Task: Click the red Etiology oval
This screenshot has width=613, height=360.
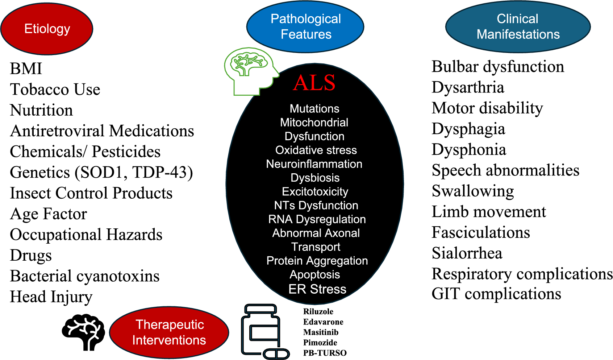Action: tap(47, 29)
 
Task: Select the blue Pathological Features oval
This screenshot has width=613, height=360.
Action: tap(305, 26)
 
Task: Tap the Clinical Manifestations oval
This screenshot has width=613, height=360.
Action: tap(518, 26)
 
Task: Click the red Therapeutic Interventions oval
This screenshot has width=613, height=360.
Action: tap(169, 332)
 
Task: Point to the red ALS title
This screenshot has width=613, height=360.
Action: tap(314, 83)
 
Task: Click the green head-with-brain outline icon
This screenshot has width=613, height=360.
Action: tap(250, 70)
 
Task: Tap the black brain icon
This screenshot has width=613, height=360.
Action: tap(84, 332)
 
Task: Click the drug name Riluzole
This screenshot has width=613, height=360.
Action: tap(318, 311)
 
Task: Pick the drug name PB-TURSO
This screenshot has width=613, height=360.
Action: tap(325, 353)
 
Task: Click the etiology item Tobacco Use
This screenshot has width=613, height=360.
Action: tap(55, 90)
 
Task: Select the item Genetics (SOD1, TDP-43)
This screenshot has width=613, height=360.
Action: tap(101, 172)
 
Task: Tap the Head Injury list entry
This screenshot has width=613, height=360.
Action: tap(51, 297)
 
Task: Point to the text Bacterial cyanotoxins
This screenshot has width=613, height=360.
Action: tap(85, 276)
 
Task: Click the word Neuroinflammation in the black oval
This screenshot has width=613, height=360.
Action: tap(314, 164)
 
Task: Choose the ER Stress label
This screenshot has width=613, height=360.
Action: tap(317, 289)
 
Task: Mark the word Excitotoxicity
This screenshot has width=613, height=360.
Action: tap(315, 191)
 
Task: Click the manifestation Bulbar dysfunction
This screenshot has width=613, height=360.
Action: tap(498, 67)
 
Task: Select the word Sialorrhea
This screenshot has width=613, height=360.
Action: tap(467, 253)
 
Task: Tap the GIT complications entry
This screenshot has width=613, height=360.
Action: tap(496, 294)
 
